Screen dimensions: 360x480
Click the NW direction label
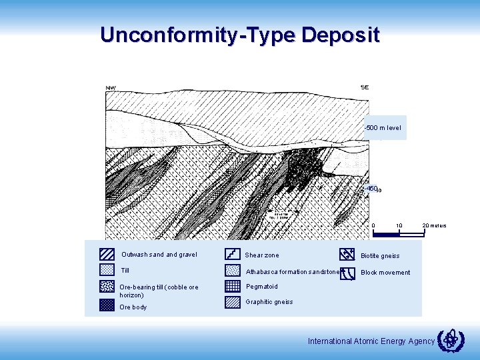(x=110, y=88)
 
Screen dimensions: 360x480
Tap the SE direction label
(x=365, y=87)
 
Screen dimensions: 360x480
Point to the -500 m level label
(x=383, y=127)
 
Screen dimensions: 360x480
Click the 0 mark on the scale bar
(x=373, y=225)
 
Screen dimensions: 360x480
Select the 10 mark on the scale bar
(x=398, y=225)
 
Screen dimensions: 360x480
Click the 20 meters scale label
(x=434, y=225)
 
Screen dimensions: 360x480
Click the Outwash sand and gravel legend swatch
(x=107, y=254)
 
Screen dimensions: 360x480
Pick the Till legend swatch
(x=107, y=270)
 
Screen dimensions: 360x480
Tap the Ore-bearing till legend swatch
(x=107, y=287)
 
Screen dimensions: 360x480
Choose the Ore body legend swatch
(x=107, y=305)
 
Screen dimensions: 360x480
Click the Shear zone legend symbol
(x=233, y=254)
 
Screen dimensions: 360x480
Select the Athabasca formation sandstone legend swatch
(x=233, y=271)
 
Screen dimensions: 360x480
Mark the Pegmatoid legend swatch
(x=233, y=286)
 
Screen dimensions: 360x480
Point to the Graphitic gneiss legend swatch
(x=233, y=302)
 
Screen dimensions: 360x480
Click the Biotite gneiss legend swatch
(x=347, y=254)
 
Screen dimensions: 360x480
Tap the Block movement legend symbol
(x=347, y=271)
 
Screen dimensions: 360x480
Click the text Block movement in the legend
(x=385, y=272)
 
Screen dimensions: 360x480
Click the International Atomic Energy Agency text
(x=371, y=341)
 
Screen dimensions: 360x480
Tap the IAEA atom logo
(x=451, y=339)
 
